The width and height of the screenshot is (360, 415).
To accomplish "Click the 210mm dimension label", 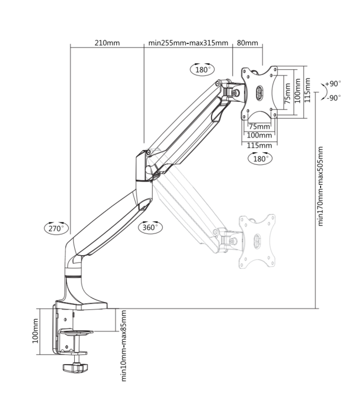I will coord(107,43).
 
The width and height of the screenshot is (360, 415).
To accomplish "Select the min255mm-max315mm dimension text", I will coord(188,43).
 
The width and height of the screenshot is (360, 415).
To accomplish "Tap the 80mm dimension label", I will coord(247,43).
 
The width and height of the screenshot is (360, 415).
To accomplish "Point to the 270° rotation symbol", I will coord(55,227).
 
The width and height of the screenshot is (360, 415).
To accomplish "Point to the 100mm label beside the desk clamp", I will coord(36,331).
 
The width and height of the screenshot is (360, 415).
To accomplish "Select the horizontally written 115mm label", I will coord(259,146).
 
